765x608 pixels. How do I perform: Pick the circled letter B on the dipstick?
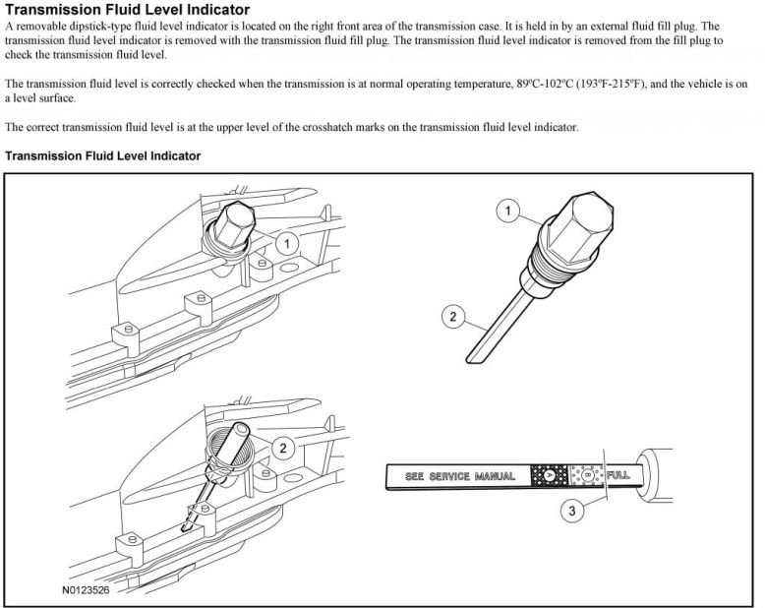tap(588, 475)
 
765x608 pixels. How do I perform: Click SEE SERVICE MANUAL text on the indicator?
tap(453, 476)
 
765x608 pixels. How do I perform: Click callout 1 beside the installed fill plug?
tap(285, 242)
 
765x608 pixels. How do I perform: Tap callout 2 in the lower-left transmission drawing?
tap(283, 449)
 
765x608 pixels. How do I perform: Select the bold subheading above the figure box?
tap(103, 155)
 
